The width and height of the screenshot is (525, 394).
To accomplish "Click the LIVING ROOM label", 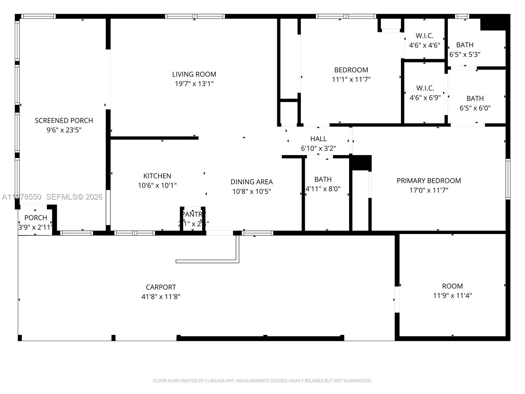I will click(194, 74).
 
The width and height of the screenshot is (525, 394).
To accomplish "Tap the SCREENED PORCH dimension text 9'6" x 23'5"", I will click(64, 130).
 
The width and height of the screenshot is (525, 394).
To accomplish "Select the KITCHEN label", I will click(157, 176).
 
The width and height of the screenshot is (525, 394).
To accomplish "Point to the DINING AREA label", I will click(252, 182).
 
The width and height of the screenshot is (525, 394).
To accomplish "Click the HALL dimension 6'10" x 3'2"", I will click(318, 148).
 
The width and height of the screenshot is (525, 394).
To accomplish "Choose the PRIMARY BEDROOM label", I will click(429, 181).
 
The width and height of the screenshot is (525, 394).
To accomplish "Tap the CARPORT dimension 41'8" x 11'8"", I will click(161, 297).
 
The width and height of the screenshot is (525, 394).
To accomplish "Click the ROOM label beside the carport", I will click(452, 286).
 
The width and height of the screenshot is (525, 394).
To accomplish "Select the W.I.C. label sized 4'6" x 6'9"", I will click(425, 88).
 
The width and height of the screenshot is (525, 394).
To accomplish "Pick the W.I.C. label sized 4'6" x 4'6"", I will click(424, 36).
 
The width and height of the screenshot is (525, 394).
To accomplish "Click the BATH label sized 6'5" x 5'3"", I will click(465, 45).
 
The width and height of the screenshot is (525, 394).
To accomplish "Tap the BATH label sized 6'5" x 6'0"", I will click(475, 98).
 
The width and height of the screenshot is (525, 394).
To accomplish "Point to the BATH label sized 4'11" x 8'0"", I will click(323, 179).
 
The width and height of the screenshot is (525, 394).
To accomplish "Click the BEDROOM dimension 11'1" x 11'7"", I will click(351, 79).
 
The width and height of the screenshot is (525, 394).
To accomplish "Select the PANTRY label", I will click(193, 214).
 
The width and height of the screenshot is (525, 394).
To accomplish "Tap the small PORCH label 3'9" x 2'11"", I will click(36, 218).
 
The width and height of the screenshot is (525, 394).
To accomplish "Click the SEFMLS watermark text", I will click(74, 197).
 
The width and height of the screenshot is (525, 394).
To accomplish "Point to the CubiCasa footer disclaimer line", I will click(262, 381).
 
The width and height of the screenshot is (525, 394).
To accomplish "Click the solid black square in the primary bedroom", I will click(361, 163).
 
